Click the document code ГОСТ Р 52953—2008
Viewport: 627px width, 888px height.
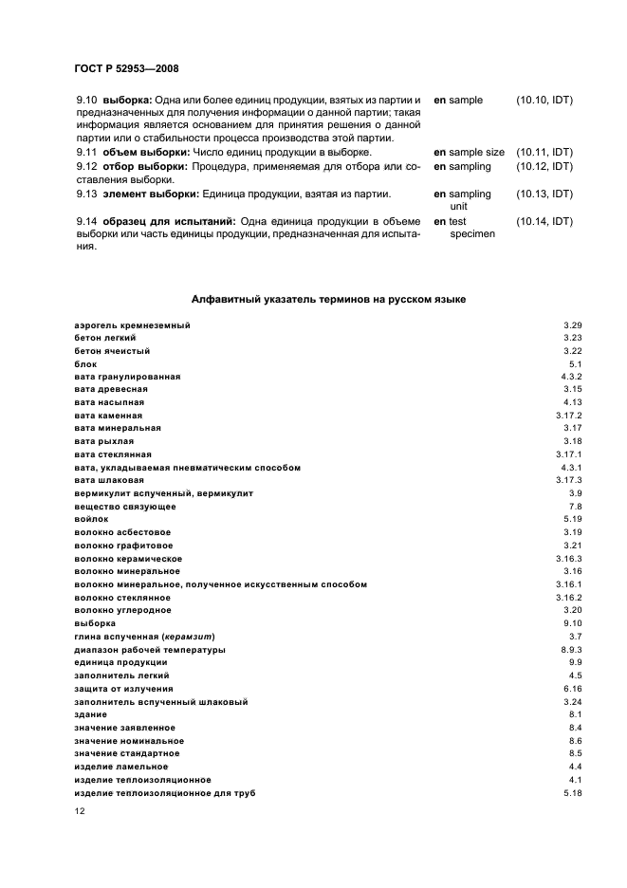point(125,68)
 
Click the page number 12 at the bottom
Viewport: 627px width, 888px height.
point(80,812)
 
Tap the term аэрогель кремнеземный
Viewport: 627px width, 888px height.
point(132,325)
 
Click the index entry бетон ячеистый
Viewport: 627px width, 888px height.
point(112,351)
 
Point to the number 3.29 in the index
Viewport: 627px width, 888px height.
point(572,325)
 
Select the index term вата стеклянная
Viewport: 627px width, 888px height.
point(113,454)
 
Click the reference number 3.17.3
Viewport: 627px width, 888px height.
point(568,480)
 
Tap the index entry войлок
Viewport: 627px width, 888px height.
point(91,519)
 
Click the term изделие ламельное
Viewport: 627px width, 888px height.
point(120,766)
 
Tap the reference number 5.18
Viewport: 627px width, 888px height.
point(572,792)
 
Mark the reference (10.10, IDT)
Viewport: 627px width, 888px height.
point(544,100)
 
